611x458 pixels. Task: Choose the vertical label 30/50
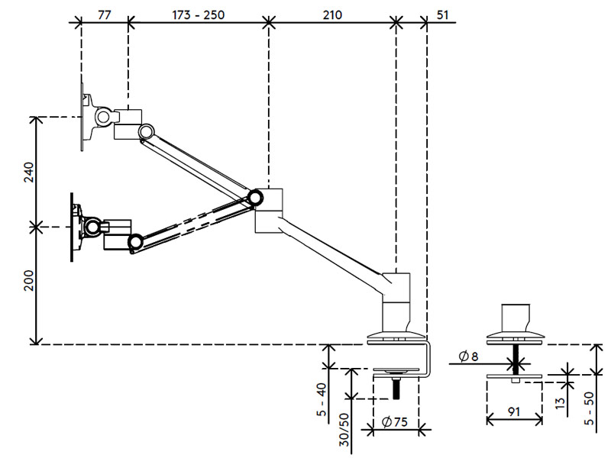pyautogui.click(x=345, y=430)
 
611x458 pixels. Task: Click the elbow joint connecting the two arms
pyautogui.click(x=257, y=198)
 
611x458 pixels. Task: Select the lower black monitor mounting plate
pyautogui.click(x=73, y=227)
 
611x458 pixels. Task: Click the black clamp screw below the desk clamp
pyautogui.click(x=396, y=387)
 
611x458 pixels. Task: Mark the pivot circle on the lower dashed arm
pyautogui.click(x=136, y=242)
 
